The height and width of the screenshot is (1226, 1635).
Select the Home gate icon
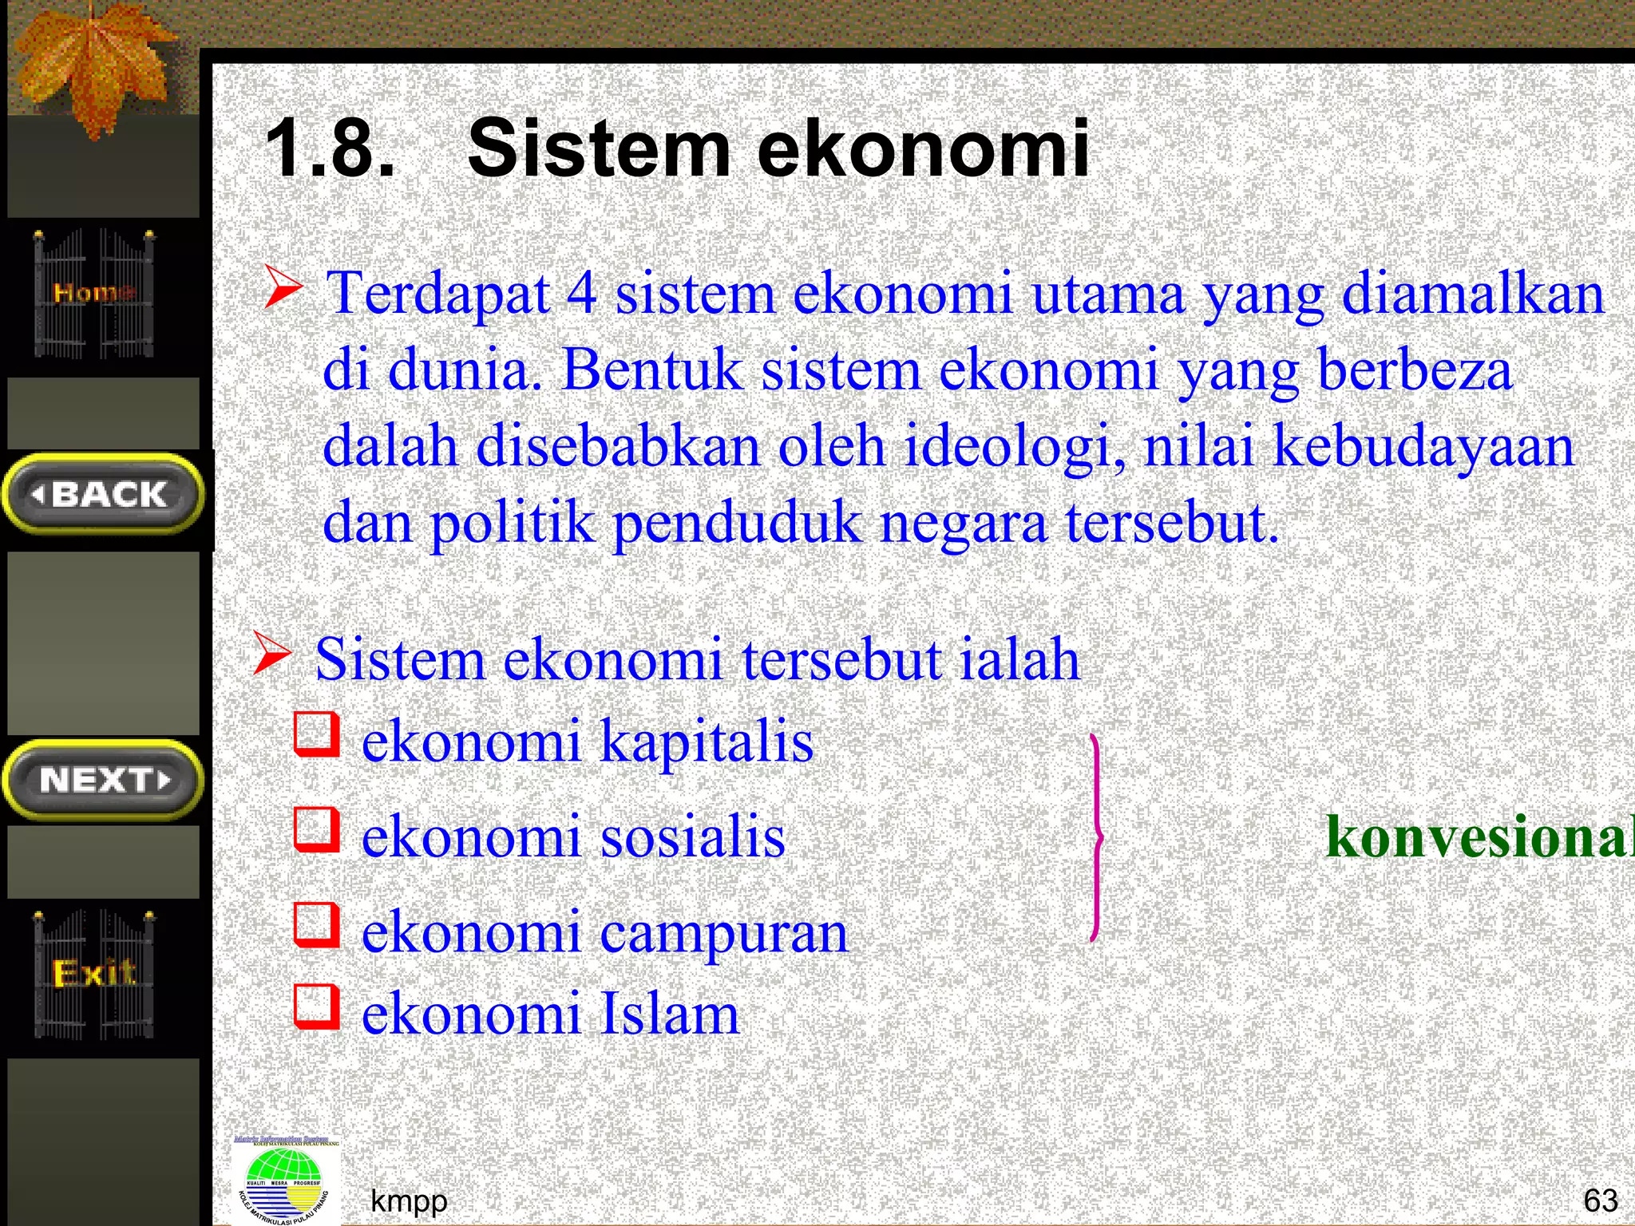(93, 293)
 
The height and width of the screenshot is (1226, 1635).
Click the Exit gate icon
(94, 974)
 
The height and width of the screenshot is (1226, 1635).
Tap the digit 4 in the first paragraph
(582, 293)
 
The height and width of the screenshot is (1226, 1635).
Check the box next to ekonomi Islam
(317, 1006)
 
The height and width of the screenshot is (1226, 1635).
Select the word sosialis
(693, 836)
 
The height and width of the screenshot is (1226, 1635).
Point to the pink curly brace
(1097, 838)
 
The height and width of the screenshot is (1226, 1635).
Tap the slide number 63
(1600, 1200)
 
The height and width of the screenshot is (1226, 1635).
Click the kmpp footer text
(409, 1200)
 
